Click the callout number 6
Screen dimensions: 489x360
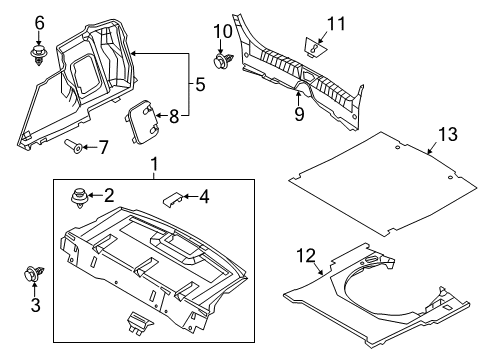pos(39,23)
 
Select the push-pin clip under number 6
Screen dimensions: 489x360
pos(39,56)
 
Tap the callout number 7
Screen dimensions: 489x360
pos(103,147)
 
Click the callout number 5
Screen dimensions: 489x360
pos(200,84)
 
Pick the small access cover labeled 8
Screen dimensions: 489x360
pos(141,122)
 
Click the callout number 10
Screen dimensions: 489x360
pos(223,32)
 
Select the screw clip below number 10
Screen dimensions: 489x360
pos(222,61)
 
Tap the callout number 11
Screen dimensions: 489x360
pos(336,24)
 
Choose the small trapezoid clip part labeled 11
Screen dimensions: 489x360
pos(315,48)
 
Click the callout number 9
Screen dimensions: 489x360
pos(299,114)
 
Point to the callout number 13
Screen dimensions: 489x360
pos(448,134)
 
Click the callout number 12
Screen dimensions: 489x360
pos(306,256)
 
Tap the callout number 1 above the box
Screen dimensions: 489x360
pos(154,164)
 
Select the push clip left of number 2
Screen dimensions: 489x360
pos(79,199)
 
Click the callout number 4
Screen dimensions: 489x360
pos(204,197)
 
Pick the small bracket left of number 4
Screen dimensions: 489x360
pos(172,199)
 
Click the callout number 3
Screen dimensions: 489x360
pos(36,305)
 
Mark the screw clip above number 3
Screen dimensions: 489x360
pos(34,274)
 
